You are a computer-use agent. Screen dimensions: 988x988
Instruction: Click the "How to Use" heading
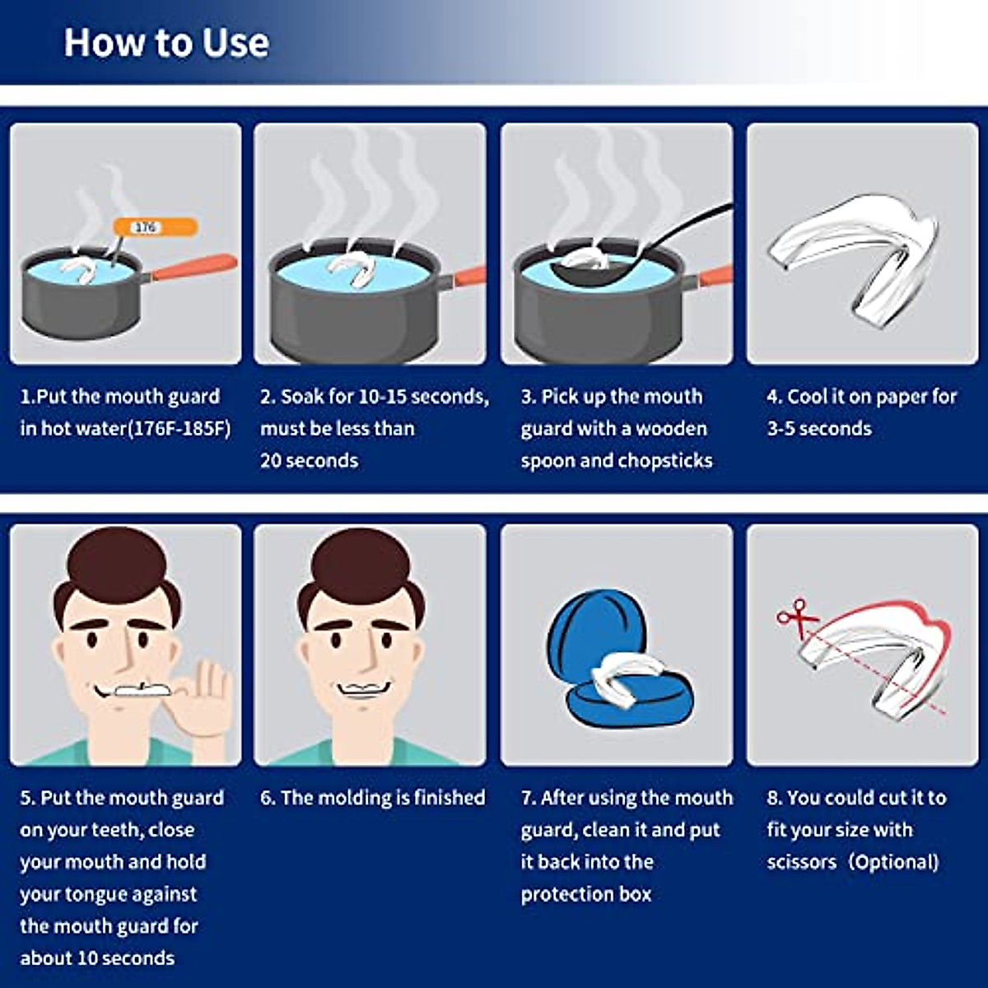coord(166,43)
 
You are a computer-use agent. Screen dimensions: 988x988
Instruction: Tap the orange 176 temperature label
coord(155,226)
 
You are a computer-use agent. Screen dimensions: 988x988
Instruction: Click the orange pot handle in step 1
coord(194,268)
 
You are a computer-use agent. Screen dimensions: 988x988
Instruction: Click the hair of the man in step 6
coord(362,568)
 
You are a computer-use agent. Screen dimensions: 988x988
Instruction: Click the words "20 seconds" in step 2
coord(309,460)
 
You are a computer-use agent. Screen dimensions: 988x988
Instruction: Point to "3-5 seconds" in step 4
coord(818,429)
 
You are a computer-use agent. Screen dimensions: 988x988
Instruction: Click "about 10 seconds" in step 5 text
coord(97,958)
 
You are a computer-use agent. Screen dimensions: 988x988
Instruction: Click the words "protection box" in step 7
coord(585,894)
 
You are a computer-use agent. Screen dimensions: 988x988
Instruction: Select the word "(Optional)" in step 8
coord(893,862)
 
